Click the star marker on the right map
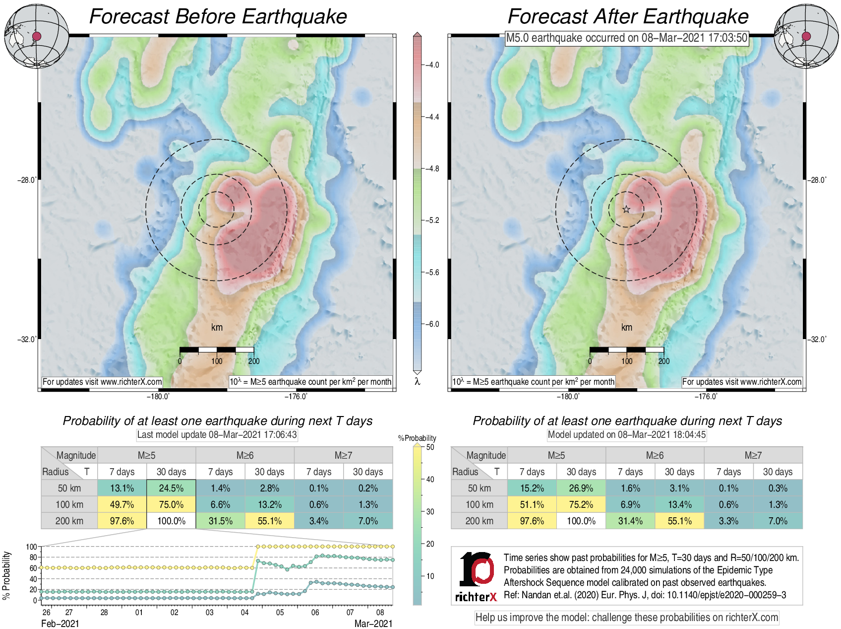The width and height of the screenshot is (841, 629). point(626,210)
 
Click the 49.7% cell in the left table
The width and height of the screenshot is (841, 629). point(122,504)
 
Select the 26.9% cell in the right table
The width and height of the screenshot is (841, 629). point(581,488)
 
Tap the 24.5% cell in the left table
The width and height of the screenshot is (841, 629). point(171,488)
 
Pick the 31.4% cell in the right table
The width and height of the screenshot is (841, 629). point(630,521)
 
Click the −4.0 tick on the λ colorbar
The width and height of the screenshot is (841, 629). point(432,65)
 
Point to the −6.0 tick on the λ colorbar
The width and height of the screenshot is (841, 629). point(432,324)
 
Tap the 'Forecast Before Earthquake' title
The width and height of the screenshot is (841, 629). point(218,16)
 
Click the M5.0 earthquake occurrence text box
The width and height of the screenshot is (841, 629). point(626,38)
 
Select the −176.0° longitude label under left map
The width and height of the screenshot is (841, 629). point(296,396)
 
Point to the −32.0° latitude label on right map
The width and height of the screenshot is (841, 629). point(818,340)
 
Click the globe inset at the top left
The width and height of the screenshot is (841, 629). point(37,36)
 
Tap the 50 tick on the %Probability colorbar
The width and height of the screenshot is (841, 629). point(430,447)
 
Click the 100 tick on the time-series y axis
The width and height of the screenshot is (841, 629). point(31,547)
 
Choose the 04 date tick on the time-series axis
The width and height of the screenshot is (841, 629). point(244,612)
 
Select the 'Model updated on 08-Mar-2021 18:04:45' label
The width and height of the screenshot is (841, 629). point(626,435)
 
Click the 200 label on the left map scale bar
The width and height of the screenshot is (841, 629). point(253,361)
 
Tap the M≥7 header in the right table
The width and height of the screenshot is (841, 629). point(753,455)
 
